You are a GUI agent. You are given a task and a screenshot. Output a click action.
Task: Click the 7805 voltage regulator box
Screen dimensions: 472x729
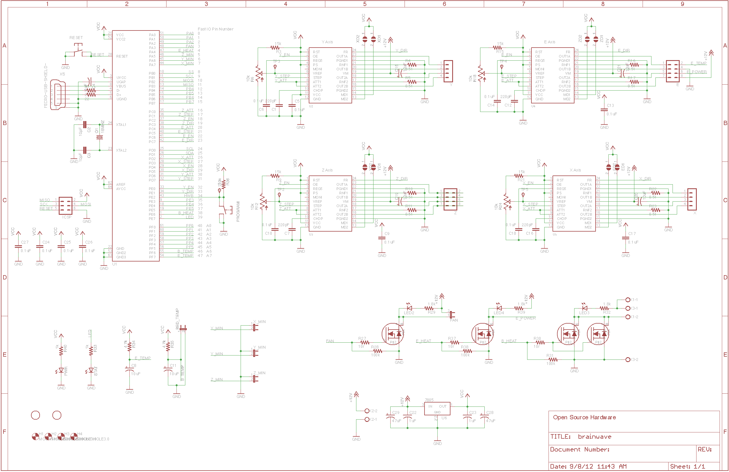coord(437,409)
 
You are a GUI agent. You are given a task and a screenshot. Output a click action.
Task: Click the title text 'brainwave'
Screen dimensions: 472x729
coord(594,437)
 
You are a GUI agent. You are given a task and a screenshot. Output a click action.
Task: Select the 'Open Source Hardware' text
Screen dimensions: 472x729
coord(584,418)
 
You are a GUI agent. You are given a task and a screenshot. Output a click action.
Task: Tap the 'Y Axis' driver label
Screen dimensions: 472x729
coord(327,42)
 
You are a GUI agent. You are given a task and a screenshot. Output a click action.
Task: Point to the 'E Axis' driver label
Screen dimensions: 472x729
coord(549,42)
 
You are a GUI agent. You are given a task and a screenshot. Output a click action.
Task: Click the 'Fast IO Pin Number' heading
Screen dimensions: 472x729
coord(215,29)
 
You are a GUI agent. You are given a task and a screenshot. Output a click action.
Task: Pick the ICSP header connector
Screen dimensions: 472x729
coord(66,205)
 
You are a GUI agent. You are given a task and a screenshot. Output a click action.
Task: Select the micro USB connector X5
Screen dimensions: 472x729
coord(58,94)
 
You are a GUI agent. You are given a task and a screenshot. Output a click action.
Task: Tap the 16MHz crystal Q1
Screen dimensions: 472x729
coord(99,137)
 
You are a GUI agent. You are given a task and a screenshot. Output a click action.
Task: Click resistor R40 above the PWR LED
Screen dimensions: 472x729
coord(61,350)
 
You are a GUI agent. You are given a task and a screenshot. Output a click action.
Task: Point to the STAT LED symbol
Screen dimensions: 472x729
coord(91,370)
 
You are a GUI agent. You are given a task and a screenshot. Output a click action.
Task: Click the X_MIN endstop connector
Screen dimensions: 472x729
coord(255,327)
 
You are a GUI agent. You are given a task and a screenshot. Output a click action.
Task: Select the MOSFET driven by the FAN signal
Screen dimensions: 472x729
coord(393,334)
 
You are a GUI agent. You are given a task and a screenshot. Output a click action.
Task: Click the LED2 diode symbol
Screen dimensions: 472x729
coord(409,308)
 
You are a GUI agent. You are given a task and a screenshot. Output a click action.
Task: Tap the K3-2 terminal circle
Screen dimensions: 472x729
coord(628,360)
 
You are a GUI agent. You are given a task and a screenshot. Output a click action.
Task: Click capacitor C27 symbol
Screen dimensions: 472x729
coord(18,247)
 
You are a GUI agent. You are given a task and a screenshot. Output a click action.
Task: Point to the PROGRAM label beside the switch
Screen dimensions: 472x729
coord(238,211)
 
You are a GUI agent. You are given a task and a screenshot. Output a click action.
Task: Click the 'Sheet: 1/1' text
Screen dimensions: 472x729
coord(687,467)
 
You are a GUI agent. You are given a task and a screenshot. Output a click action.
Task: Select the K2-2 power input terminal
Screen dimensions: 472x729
coord(367,411)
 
